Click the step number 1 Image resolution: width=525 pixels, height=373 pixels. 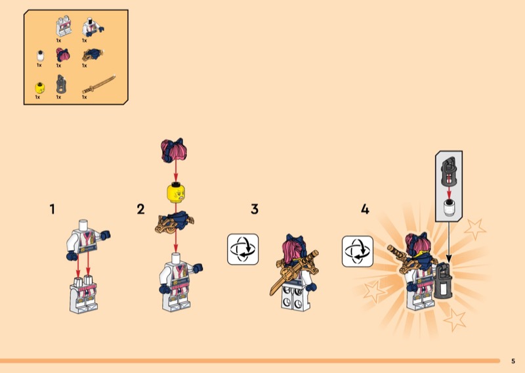click(x=52, y=209)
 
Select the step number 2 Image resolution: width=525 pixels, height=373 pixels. click(x=140, y=209)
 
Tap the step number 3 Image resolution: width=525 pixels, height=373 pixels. click(x=255, y=209)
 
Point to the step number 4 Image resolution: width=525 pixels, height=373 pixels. click(x=365, y=209)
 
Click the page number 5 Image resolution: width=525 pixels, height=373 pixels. click(x=513, y=361)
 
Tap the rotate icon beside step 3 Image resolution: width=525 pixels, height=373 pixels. click(x=243, y=250)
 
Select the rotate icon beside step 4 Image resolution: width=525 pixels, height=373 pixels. click(x=358, y=252)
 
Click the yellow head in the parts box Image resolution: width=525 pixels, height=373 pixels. click(x=40, y=88)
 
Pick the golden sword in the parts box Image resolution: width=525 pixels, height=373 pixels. click(x=99, y=84)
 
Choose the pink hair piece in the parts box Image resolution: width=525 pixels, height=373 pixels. click(x=62, y=55)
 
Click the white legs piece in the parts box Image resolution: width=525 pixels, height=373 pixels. click(x=64, y=26)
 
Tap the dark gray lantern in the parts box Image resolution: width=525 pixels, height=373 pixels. click(x=61, y=84)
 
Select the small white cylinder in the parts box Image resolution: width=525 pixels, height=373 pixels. click(x=40, y=56)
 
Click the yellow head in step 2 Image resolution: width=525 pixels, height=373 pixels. click(x=176, y=192)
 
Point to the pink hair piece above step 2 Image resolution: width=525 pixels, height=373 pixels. click(x=174, y=150)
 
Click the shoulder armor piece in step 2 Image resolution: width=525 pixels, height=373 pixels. click(x=175, y=222)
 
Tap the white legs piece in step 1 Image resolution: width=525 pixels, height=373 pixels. click(x=83, y=294)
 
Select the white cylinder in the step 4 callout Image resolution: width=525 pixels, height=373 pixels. click(x=449, y=207)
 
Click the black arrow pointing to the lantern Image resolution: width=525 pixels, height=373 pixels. click(x=449, y=242)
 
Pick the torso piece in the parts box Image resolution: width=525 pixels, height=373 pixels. click(x=93, y=27)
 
